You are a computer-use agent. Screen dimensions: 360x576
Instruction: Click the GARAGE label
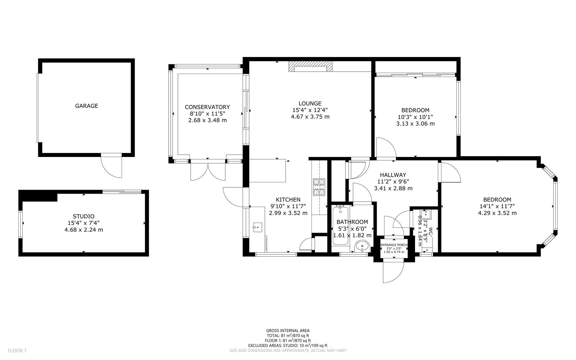[x=86, y=106]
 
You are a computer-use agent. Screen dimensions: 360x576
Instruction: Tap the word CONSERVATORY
[x=207, y=107]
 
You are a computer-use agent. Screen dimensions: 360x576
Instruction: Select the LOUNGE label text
[x=310, y=104]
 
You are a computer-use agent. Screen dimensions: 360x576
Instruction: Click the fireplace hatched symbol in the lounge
[x=310, y=67]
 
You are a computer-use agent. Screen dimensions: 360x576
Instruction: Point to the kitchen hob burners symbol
[x=319, y=187]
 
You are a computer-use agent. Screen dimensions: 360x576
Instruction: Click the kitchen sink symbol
[x=257, y=228]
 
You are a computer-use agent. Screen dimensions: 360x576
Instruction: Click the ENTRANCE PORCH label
[x=394, y=245]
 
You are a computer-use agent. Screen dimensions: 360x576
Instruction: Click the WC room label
[x=431, y=230]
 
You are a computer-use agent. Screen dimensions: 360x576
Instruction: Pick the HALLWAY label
[x=393, y=175]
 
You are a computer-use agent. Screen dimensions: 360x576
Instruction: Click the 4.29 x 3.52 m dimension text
[x=497, y=213]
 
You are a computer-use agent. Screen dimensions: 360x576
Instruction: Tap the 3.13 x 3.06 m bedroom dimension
[x=415, y=124]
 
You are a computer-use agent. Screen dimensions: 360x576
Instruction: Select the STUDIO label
[x=84, y=216]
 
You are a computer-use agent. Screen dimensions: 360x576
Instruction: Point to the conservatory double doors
[x=208, y=171]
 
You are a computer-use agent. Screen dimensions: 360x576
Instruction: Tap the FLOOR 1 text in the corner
[x=17, y=351]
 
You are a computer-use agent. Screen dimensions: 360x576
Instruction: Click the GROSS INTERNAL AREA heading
[x=288, y=331]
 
